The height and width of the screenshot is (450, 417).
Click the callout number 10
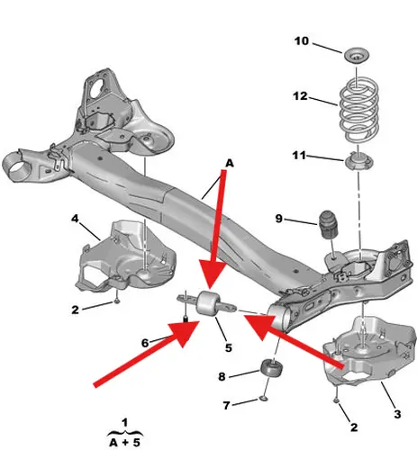(302, 41)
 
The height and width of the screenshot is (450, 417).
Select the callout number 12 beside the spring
(300, 96)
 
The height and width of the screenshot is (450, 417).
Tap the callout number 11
(299, 156)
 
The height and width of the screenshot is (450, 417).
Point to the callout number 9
(279, 219)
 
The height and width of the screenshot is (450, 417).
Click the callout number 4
(75, 218)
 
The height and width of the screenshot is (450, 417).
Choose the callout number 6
(145, 343)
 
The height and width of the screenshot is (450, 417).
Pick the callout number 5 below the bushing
(229, 347)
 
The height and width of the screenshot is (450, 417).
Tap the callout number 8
(222, 376)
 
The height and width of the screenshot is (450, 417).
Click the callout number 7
(226, 405)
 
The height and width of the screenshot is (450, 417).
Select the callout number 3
(397, 414)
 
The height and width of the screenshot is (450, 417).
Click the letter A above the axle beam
(230, 163)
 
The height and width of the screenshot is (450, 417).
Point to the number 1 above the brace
(125, 423)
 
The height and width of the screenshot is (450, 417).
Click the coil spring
(359, 109)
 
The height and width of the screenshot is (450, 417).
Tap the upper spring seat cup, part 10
(356, 56)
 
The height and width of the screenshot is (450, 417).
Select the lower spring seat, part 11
(358, 162)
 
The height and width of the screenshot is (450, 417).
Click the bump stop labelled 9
(328, 224)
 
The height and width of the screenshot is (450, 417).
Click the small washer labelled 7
(263, 399)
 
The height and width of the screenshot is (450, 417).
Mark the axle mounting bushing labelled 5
(208, 303)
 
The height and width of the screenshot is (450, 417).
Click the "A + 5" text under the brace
(125, 443)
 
